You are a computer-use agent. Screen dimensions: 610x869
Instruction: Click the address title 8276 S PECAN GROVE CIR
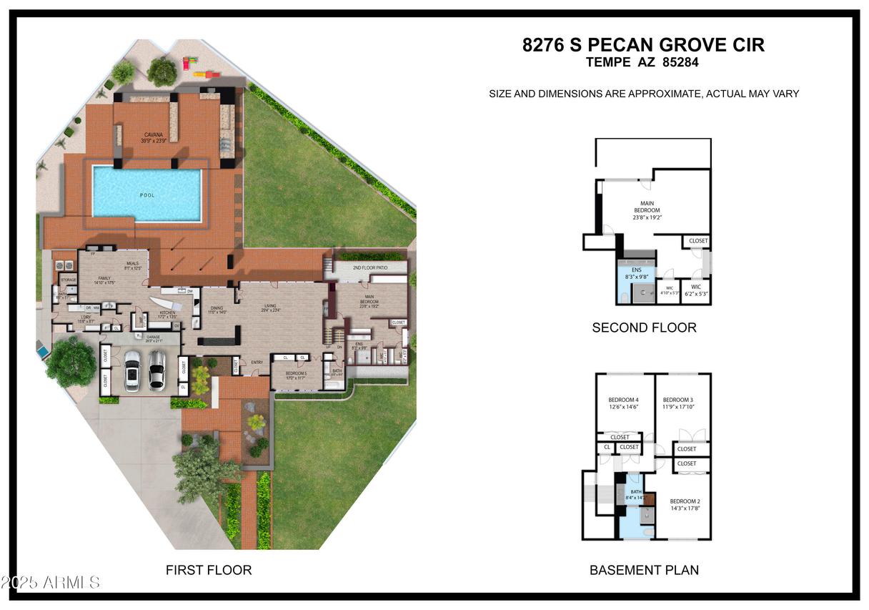643,45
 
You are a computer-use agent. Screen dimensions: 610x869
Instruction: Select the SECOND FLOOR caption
644,328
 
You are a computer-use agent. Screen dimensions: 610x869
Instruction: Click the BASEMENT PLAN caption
644,570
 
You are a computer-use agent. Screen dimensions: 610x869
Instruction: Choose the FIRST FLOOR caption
209,570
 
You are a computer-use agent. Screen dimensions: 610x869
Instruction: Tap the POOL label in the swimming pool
147,195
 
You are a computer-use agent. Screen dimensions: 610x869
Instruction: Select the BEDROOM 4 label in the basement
623,399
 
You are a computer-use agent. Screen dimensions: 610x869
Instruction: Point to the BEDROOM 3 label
677,399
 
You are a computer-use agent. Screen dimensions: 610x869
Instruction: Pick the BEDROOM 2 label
684,501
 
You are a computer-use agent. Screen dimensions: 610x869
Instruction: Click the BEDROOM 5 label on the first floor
296,373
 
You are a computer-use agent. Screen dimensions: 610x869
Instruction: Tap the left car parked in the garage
132,371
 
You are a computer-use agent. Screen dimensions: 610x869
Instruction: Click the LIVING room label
270,305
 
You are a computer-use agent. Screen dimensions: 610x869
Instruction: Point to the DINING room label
217,308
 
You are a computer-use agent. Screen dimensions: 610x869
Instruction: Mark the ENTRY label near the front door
258,362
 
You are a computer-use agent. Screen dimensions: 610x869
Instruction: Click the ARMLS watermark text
71,582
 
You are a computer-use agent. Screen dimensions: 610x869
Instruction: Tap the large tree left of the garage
70,361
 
